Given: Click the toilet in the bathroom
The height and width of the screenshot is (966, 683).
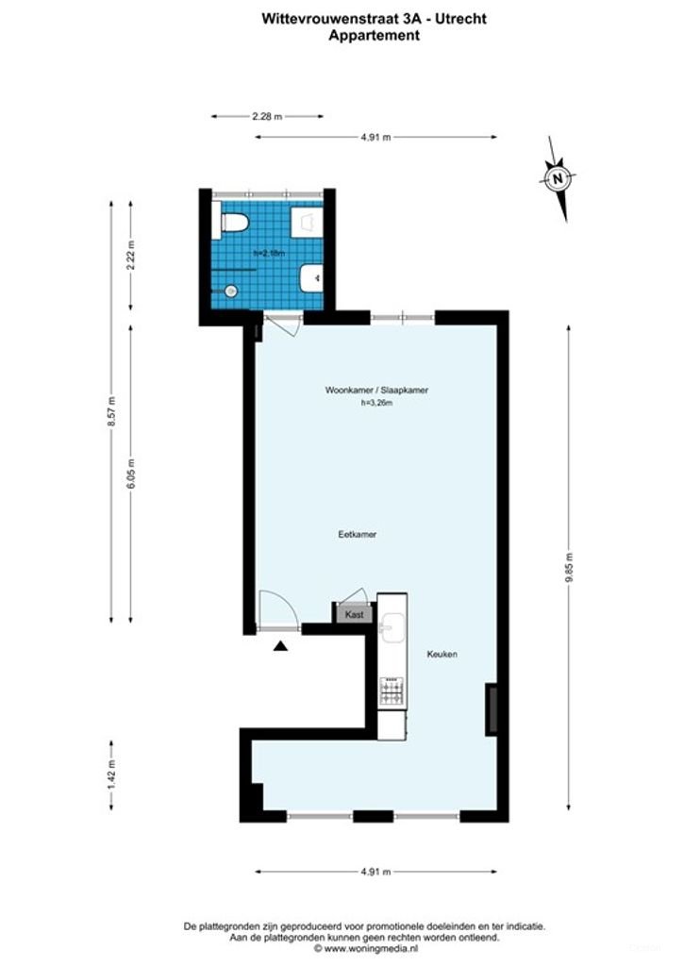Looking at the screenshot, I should [x=232, y=223].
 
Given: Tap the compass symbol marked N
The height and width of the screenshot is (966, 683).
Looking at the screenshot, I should [x=558, y=177].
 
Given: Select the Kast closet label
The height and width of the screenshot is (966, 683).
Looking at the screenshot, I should [x=354, y=614].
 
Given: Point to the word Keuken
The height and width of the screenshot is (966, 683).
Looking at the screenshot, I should [x=441, y=655].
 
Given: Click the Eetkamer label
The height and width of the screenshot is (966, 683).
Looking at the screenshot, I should [x=358, y=534].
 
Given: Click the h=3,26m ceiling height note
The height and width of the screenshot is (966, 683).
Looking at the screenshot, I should [x=376, y=404].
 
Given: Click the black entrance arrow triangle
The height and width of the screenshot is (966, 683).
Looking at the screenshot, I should [x=279, y=645].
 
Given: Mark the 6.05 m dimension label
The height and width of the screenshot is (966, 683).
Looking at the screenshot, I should [x=131, y=473].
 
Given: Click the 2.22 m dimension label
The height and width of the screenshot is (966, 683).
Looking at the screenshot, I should [x=131, y=256].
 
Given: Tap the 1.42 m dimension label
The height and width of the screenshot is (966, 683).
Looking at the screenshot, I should [x=111, y=774].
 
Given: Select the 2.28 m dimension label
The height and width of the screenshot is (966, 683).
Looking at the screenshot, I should [x=267, y=116].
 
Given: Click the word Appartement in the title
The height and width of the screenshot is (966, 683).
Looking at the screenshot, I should [x=375, y=36].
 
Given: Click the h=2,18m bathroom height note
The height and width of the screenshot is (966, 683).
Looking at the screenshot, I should [x=269, y=253].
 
